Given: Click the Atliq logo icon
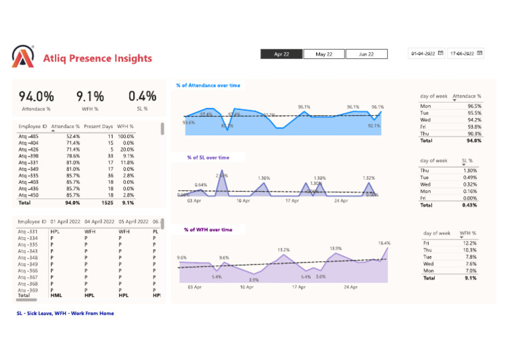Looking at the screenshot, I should tap(24, 57).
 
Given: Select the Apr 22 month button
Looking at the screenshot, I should tap(280, 54).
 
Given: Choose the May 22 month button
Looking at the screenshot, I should tap(323, 54).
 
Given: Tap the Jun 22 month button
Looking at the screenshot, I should tap(367, 54).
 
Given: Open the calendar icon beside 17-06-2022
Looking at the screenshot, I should tap(480, 53).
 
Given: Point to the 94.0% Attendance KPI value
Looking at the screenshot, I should tap(36, 97).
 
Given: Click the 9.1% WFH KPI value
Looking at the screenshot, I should tap(89, 97).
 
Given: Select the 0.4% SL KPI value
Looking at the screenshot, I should tap(142, 97).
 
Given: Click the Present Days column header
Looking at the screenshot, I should tap(98, 125).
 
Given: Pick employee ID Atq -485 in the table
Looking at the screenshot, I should tap(29, 136).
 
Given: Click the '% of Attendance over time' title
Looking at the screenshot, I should tap(208, 86).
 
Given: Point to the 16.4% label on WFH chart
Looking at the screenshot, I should tap(384, 243).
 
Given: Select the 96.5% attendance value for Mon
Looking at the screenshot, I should tap(474, 105).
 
